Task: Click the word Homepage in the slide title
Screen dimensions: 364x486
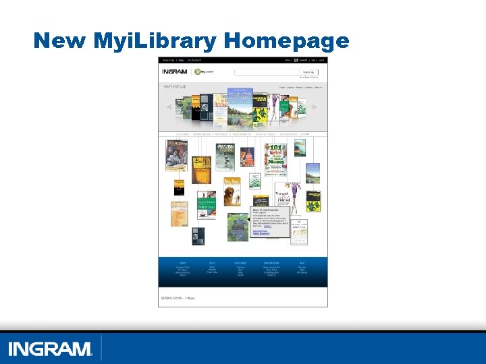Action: click(286, 40)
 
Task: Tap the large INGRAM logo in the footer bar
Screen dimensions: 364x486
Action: click(50, 349)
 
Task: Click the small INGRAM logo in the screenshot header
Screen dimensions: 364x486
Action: click(174, 71)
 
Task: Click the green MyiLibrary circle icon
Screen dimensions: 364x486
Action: click(198, 71)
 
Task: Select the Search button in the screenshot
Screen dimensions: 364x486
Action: click(308, 71)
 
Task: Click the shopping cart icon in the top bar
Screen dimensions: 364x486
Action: click(295, 59)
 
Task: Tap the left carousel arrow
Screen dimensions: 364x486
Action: click(169, 107)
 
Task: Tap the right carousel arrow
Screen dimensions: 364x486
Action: click(315, 107)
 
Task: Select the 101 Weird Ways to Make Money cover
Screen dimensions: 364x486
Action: click(275, 158)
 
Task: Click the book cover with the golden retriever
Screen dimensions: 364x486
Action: click(232, 195)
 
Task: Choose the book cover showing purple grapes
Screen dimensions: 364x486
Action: click(238, 227)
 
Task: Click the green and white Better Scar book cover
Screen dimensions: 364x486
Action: click(206, 206)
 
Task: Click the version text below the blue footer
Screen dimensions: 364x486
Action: click(178, 297)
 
